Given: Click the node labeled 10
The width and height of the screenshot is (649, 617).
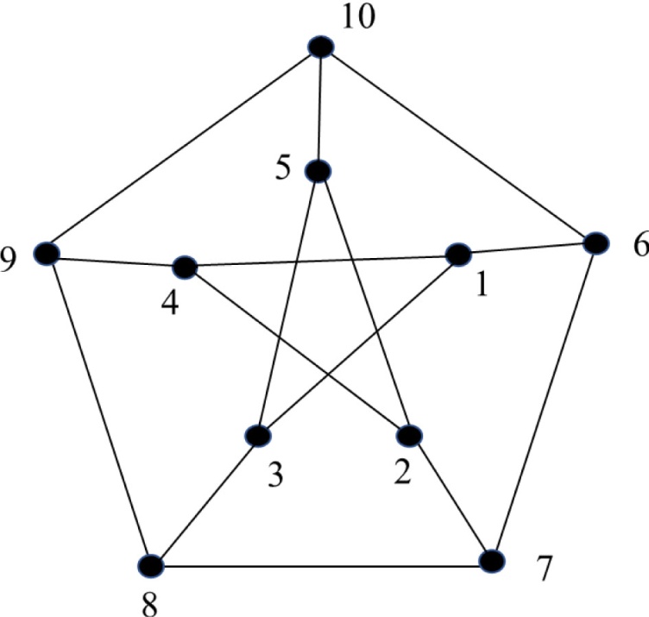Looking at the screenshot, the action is click(x=321, y=47).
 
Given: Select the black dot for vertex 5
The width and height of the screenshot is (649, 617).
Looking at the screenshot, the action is click(x=318, y=172).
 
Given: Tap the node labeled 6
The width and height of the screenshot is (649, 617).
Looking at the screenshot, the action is click(x=595, y=242).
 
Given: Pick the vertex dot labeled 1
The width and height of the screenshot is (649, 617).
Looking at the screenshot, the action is click(x=457, y=255).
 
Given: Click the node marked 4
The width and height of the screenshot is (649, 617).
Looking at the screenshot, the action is click(x=186, y=267).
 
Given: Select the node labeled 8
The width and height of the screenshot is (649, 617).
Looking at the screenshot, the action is click(x=151, y=565).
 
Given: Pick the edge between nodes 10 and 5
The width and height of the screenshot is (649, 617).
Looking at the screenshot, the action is click(x=320, y=110).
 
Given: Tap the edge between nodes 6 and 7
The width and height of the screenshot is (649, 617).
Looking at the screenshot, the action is click(x=544, y=402).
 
